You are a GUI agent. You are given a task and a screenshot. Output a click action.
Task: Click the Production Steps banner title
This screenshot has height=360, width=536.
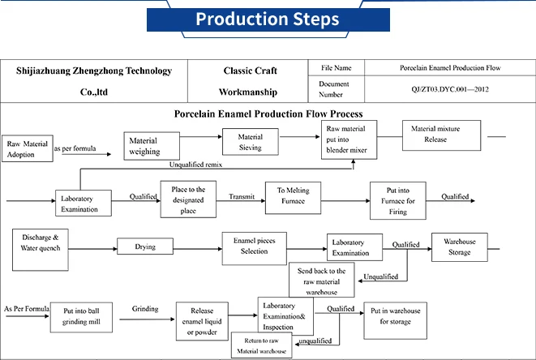268,19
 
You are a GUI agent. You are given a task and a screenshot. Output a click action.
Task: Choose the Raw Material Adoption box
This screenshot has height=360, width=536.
25,148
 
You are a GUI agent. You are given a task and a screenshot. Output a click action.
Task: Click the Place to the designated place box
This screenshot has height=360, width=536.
188,199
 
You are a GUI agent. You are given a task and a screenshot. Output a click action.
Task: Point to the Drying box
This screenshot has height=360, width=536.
146,246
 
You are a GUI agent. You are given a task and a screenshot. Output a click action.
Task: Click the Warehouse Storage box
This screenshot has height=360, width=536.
460,246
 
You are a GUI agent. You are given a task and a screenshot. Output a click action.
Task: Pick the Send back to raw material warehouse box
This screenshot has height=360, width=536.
322,280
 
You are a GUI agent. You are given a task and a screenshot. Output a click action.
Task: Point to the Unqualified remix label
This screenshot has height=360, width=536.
195,165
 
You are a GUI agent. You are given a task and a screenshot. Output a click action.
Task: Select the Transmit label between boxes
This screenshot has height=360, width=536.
242,195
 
